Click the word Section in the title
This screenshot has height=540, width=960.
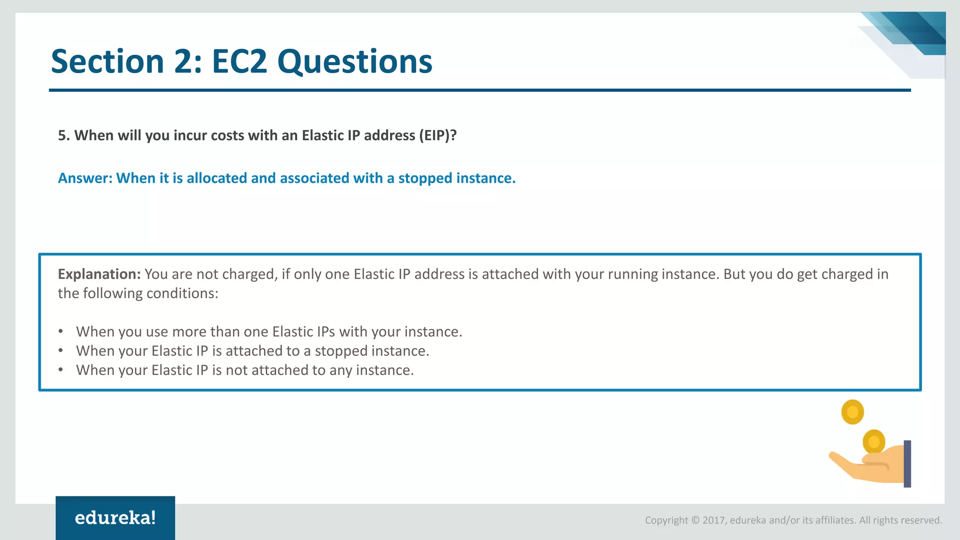(107, 62)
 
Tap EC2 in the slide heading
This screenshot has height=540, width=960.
(239, 62)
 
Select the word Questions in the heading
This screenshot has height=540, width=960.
(354, 62)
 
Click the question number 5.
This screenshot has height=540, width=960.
(63, 135)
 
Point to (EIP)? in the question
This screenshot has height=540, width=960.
(438, 135)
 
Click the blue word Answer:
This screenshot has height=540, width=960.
(85, 178)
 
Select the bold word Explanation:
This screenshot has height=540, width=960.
(99, 274)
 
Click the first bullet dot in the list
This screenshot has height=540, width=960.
(60, 331)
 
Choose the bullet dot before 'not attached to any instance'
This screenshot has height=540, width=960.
(60, 370)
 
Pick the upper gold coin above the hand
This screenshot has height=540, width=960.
(852, 412)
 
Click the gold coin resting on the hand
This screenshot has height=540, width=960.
(874, 441)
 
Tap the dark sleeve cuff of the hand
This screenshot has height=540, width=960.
(907, 464)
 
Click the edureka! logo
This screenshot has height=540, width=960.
(115, 518)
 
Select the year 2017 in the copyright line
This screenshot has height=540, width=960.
(713, 520)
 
